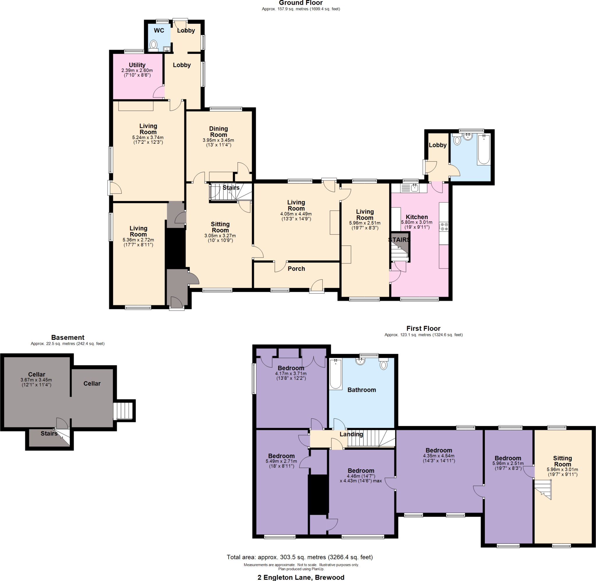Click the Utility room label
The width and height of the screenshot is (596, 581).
tap(137, 65)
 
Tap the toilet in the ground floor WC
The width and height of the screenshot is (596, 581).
tap(153, 45)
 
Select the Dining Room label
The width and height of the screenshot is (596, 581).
tap(219, 132)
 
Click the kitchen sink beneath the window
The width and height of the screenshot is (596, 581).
tap(414, 188)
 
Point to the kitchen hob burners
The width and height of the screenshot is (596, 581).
tap(444, 227)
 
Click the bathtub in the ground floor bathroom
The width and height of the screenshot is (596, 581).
tap(484, 149)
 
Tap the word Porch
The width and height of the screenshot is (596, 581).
tap(296, 269)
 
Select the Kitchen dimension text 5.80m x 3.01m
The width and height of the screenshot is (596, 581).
tap(416, 223)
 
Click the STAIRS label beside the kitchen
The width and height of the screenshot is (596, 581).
tap(399, 240)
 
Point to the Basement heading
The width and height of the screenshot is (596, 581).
tap(68, 337)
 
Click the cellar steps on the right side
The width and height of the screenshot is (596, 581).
tap(123, 411)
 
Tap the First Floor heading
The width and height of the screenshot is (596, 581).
tap(423, 328)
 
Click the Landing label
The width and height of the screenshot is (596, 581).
tap(351, 434)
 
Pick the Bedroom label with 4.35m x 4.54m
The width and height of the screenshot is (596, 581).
tap(439, 450)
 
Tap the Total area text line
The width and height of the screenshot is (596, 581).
tap(300, 557)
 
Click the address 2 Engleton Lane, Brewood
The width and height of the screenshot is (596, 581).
tap(301, 577)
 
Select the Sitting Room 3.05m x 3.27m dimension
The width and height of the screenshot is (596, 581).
tap(220, 236)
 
